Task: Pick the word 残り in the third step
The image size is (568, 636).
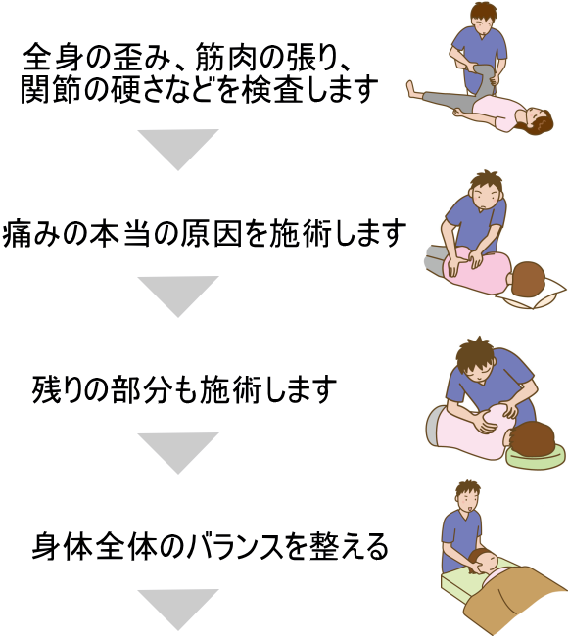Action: click(56, 389)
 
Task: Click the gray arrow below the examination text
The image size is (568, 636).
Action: click(178, 147)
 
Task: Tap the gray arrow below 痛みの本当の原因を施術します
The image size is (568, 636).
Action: click(178, 294)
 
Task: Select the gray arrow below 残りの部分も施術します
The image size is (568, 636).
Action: click(178, 450)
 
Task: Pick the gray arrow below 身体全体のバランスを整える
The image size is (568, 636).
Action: click(178, 607)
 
